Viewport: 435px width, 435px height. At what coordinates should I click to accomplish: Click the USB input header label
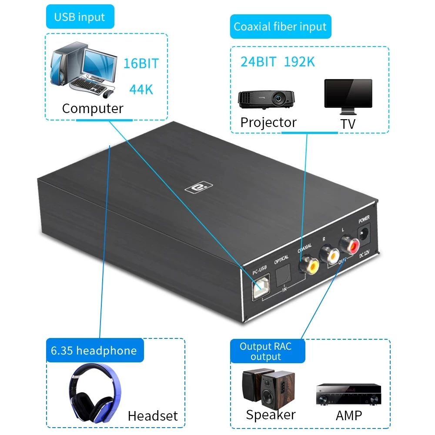(80, 17)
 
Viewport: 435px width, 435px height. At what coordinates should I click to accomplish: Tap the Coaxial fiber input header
(280, 27)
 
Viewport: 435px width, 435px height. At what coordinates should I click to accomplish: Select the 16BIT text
(141, 63)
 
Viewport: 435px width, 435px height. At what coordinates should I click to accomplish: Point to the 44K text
(141, 90)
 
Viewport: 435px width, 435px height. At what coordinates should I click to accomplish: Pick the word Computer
(93, 108)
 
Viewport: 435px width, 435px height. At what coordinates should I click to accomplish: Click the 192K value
(299, 62)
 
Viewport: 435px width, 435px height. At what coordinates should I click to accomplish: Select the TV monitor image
(348, 94)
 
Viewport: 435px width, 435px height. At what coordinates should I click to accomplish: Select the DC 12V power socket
(364, 235)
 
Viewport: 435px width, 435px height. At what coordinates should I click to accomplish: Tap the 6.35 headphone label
(94, 351)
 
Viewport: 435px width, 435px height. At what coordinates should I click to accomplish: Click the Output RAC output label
(266, 351)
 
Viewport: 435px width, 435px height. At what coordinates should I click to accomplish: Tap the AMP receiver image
(348, 394)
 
